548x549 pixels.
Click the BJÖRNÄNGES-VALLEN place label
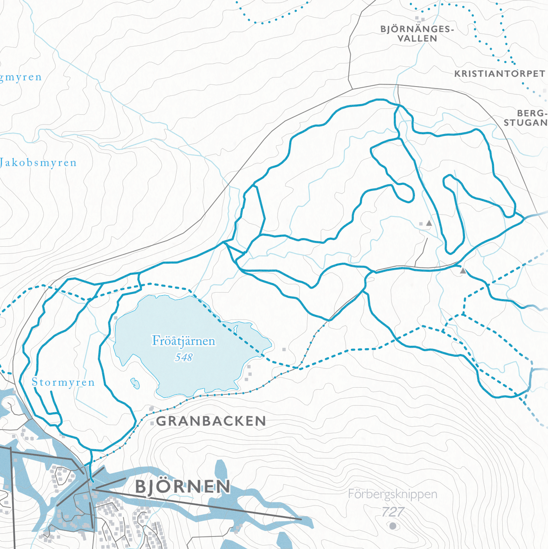pos(417,34)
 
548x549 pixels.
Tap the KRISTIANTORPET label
pos(499,74)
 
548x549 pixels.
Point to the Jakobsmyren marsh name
pos(38,163)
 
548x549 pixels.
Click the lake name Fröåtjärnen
pos(184,341)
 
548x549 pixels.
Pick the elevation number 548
pos(184,357)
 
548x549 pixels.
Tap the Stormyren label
pos(63,382)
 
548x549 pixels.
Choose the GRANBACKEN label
pos(211,421)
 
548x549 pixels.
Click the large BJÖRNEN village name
pos(182,487)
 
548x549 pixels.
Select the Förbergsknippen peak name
pos(393,494)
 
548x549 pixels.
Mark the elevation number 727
pos(393,511)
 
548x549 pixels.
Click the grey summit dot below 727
pos(393,526)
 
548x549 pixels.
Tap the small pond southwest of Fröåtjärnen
pos(135,383)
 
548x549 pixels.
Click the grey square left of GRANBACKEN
pos(152,423)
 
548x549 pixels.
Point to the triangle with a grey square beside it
pos(429,223)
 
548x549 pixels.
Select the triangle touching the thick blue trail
pos(463,271)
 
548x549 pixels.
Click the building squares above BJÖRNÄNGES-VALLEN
pos(420,18)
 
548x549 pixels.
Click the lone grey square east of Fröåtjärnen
pos(284,349)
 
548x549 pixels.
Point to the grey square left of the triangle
pos(421,224)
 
